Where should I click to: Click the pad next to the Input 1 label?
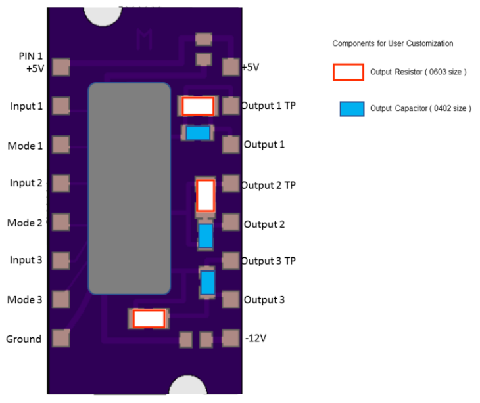(60, 105)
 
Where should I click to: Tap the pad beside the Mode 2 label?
(60, 222)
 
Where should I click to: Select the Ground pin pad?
(60, 338)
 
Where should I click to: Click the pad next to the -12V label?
(230, 338)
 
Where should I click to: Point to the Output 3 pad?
(230, 299)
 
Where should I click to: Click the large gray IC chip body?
(130, 188)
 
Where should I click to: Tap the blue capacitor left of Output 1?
(198, 133)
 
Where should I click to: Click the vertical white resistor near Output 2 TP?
(206, 195)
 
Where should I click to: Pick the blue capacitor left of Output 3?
(208, 282)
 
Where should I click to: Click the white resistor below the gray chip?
(149, 319)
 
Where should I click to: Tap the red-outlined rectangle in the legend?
(348, 72)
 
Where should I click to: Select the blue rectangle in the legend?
(352, 109)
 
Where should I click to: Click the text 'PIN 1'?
(31, 56)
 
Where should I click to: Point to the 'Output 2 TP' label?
(268, 186)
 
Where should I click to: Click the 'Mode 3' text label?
(25, 300)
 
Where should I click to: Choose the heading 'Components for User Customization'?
(393, 43)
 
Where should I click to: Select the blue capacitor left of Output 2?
(206, 236)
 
